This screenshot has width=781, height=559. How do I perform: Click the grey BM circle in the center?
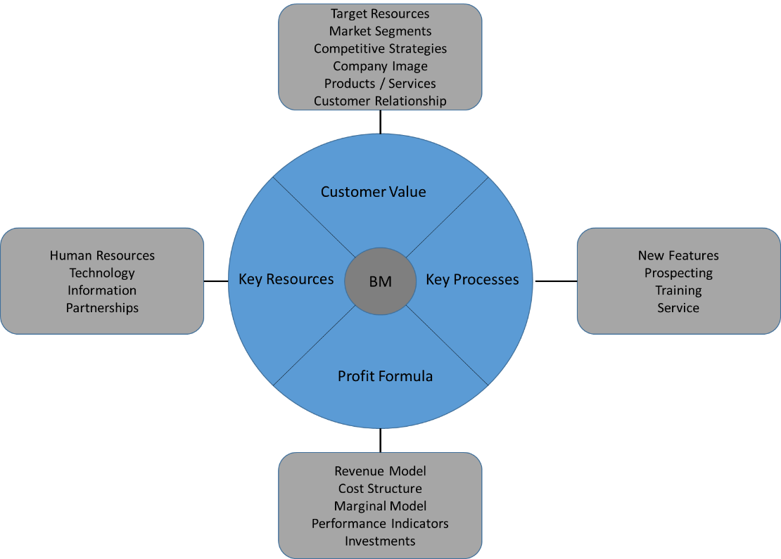pyautogui.click(x=380, y=281)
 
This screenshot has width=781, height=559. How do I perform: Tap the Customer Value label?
pyautogui.click(x=373, y=192)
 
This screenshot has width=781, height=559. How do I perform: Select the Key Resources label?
pyautogui.click(x=286, y=279)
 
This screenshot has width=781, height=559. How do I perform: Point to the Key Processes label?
pyautogui.click(x=472, y=279)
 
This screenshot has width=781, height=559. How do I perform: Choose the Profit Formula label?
pyautogui.click(x=385, y=376)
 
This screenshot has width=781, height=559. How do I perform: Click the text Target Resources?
pyautogui.click(x=380, y=13)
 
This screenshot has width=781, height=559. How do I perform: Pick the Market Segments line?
pyautogui.click(x=380, y=31)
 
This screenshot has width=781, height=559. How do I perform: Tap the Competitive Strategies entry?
pyautogui.click(x=380, y=49)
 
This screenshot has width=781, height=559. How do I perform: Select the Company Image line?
pyautogui.click(x=380, y=66)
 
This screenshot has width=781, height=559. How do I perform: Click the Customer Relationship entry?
pyautogui.click(x=380, y=101)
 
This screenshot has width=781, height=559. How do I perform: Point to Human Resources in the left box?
pyautogui.click(x=102, y=255)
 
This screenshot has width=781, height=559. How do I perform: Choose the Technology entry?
pyautogui.click(x=102, y=273)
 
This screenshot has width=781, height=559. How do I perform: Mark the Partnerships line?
pyautogui.click(x=102, y=308)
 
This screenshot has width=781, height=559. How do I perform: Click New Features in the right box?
pyautogui.click(x=678, y=255)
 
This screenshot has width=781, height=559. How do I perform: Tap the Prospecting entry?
pyautogui.click(x=678, y=273)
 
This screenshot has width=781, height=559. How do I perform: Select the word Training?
pyautogui.click(x=678, y=290)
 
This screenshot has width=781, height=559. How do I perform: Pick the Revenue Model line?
pyautogui.click(x=380, y=471)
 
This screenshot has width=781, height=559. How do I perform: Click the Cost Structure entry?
pyautogui.click(x=380, y=489)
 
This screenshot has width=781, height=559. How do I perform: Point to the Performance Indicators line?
pyautogui.click(x=380, y=524)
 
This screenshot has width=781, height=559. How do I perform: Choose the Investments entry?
pyautogui.click(x=380, y=541)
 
